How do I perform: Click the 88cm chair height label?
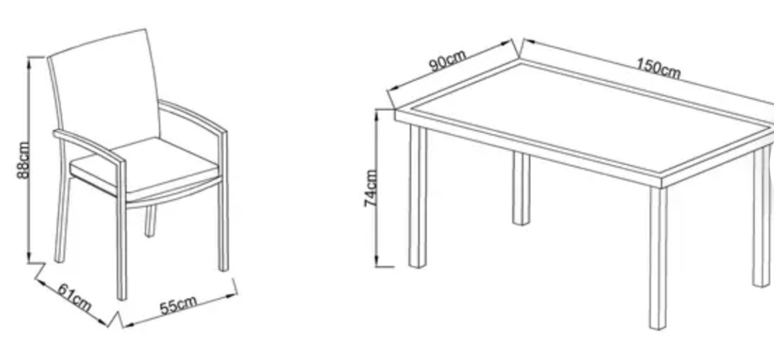[x=23, y=160]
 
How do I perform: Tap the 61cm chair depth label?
[x=75, y=297]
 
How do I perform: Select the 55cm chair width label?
[x=178, y=305]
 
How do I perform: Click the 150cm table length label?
[x=658, y=68]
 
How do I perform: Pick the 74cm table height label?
[x=371, y=188]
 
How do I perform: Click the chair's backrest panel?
[x=104, y=89]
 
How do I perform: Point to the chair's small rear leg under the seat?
[x=150, y=221]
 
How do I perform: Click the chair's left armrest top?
[x=89, y=147]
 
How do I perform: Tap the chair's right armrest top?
[x=192, y=116]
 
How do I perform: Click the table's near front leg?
[x=658, y=258]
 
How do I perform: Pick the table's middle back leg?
[x=521, y=188]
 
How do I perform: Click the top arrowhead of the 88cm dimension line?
[x=29, y=61]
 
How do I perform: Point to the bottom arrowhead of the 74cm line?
[x=377, y=262]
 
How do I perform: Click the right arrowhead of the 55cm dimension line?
[x=232, y=295]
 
